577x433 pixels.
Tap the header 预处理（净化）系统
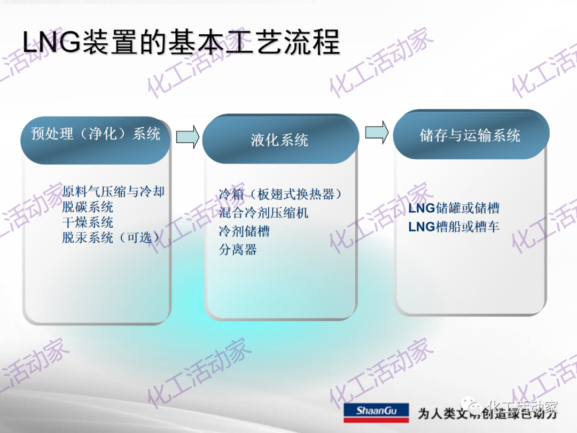96,134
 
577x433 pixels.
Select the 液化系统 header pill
279,140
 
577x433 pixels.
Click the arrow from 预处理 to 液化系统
188,137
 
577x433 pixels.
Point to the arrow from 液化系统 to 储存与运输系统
377,132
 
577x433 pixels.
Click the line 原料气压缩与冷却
113,191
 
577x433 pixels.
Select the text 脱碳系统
88,207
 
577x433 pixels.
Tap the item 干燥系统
88,222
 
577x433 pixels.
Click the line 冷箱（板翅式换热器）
280,194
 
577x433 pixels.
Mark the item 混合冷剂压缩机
264,213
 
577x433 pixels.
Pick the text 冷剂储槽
244,231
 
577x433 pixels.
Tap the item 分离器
238,249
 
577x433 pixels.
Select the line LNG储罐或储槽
454,208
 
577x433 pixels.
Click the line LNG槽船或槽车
454,227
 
